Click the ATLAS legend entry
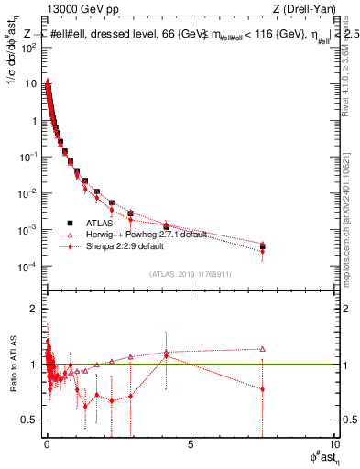click(99, 223)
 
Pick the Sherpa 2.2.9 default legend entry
click(125, 246)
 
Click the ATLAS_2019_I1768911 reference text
click(190, 275)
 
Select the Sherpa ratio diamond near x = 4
click(166, 355)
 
